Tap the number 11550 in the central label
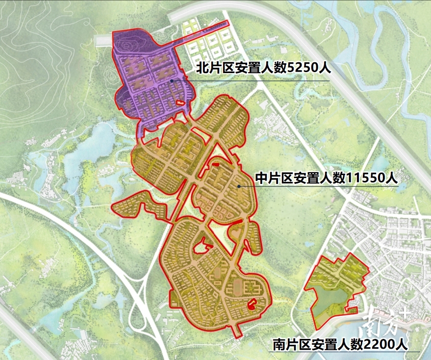point(366,179)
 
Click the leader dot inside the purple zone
point(172,81)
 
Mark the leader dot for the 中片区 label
point(239,186)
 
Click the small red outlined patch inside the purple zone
point(180,103)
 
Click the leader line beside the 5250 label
point(255,81)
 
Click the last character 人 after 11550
point(391,179)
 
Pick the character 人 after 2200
point(401,345)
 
